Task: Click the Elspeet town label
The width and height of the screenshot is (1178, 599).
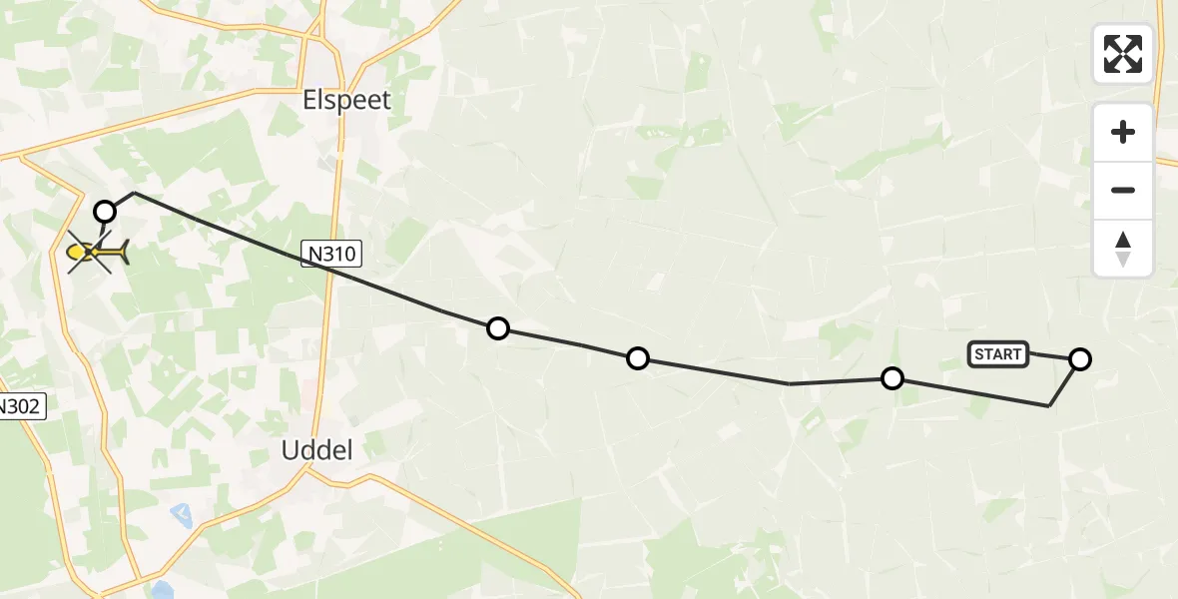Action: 346,101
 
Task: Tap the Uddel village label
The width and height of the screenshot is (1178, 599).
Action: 317,450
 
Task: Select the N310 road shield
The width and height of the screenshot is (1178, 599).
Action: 331,255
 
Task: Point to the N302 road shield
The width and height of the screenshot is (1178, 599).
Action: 20,406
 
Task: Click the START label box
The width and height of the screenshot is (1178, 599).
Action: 997,354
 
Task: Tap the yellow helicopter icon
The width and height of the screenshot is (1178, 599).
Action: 97,253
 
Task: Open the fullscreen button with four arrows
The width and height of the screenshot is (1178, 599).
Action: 1123,54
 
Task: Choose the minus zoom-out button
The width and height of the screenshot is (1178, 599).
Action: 1123,191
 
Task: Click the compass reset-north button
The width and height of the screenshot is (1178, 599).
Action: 1123,249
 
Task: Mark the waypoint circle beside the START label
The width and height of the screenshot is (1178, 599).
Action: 1080,359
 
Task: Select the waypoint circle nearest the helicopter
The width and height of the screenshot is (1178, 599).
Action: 105,211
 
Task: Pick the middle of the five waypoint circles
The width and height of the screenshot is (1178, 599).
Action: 638,358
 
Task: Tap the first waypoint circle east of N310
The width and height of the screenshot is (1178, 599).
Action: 497,328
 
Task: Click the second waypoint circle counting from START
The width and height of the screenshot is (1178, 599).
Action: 892,378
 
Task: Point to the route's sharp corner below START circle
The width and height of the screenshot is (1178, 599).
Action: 1048,405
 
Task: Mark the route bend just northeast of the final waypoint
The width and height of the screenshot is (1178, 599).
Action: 134,193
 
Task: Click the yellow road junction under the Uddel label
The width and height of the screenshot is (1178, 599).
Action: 308,473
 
